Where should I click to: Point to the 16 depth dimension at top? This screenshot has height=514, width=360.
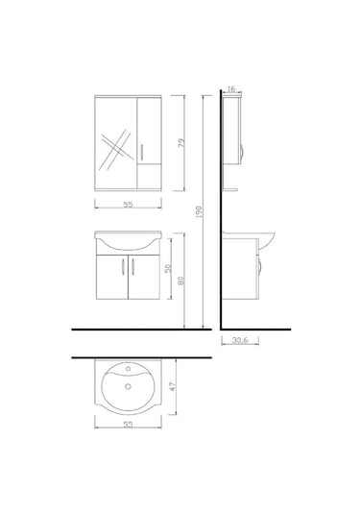pyautogui.click(x=233, y=88)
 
